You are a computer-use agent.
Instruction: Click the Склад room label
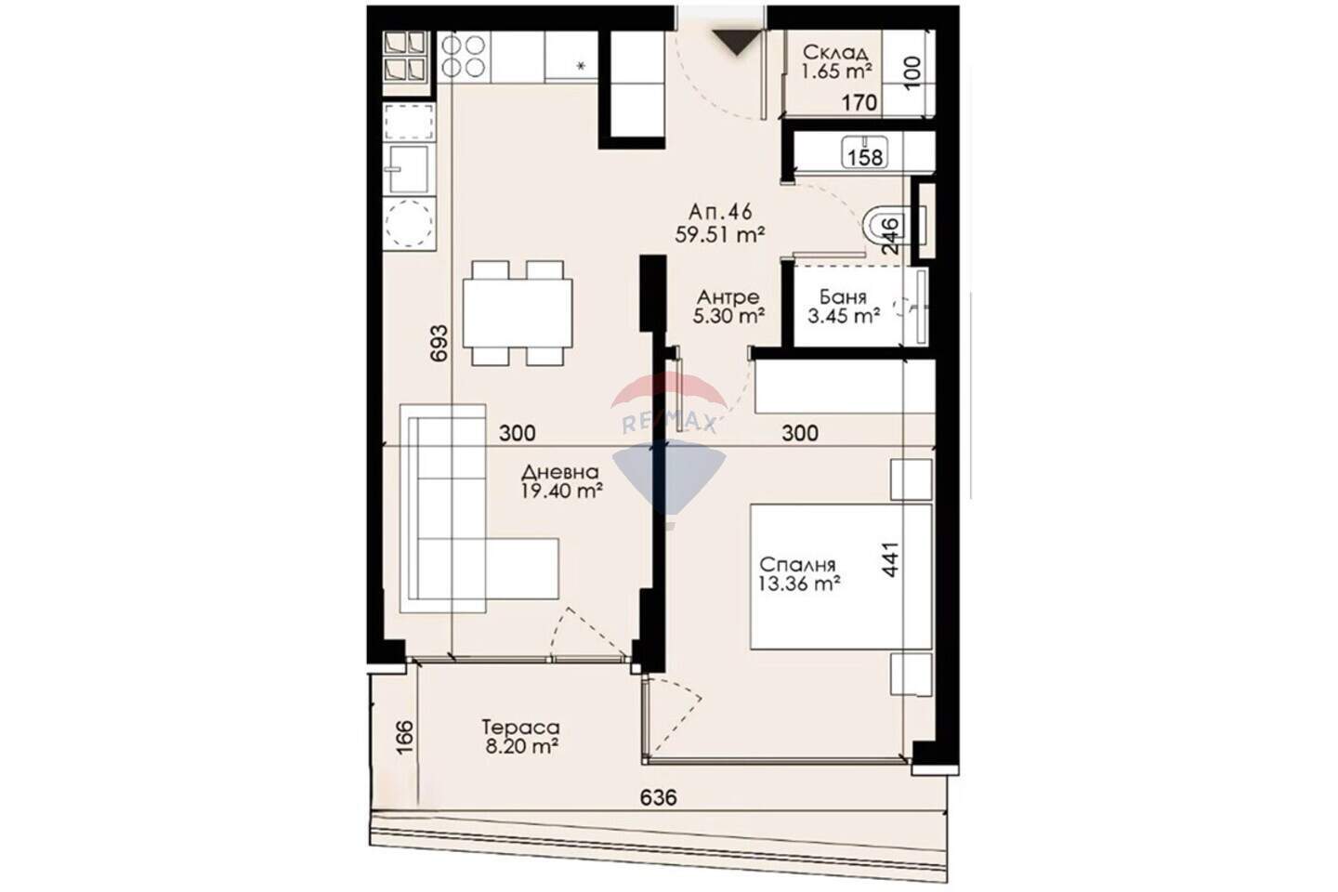tap(836, 53)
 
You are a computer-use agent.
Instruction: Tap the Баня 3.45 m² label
tap(844, 306)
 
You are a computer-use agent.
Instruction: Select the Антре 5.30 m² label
tap(728, 306)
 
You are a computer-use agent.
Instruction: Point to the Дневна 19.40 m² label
tap(561, 482)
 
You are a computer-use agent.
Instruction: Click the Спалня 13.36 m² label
tap(800, 574)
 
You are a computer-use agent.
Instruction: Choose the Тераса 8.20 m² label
tap(521, 737)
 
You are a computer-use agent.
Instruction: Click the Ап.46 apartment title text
tap(720, 212)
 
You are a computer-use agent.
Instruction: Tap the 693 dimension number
tap(439, 343)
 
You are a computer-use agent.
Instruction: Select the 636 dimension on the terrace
tap(658, 797)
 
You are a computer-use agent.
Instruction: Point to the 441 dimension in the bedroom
tap(890, 559)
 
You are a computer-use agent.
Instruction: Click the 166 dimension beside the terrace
tap(404, 737)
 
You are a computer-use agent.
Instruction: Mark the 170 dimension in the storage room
tap(859, 103)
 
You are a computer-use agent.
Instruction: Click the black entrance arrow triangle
tap(737, 43)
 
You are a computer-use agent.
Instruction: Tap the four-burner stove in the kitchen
tap(464, 57)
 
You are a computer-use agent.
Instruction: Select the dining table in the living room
tap(518, 313)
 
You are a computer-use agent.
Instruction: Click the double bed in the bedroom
tap(841, 576)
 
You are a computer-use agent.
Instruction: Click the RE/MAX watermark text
tap(669, 425)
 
